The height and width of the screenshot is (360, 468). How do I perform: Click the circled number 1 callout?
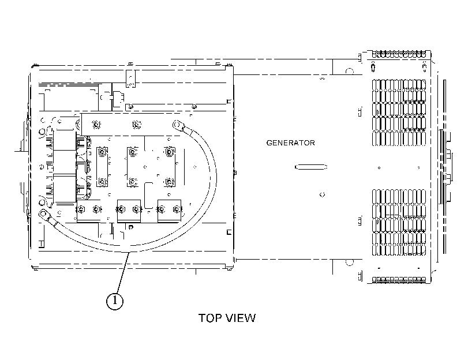pos(115,301)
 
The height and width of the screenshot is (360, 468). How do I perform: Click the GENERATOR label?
pos(290,143)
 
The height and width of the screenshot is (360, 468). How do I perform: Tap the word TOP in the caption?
pos(209,318)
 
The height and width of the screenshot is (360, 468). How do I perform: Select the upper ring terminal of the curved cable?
pos(178,125)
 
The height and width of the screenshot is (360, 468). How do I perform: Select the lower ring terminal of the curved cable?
pos(45,215)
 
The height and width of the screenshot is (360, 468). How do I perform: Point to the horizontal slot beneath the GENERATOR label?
pos(311,167)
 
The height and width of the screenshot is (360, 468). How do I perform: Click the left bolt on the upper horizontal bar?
pos(96,125)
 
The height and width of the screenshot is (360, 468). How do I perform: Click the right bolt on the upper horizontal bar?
pos(136,125)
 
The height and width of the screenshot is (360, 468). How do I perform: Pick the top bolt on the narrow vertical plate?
pos(102,152)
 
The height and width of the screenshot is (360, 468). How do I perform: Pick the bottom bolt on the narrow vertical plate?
pos(102,182)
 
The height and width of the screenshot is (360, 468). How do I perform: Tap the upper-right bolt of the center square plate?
pos(169,152)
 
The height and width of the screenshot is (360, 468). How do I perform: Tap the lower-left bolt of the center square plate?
pos(132,182)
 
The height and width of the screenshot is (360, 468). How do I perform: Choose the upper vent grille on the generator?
pos(399,112)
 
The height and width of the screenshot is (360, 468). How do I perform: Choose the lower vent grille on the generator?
pos(399,222)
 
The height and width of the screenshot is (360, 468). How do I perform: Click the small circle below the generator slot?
pos(323,195)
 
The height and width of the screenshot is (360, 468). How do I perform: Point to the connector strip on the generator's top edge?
pos(399,54)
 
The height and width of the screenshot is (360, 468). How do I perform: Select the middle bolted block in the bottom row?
pos(129,211)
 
